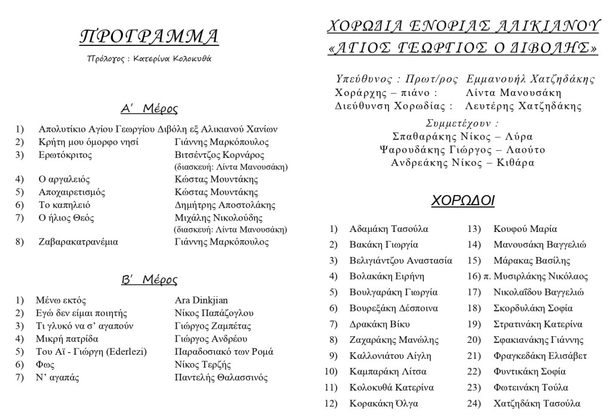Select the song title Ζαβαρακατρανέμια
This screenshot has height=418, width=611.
click(78, 242)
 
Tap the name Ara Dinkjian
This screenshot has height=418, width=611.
click(202, 300)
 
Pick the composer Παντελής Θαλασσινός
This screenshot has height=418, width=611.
click(221, 377)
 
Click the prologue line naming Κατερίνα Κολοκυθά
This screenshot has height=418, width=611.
click(149, 58)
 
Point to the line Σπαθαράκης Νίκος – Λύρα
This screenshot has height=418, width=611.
click(462, 136)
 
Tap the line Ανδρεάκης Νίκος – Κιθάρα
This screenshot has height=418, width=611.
click(462, 162)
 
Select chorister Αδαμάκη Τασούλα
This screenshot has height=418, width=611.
click(389, 229)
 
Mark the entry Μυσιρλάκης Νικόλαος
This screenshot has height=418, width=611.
click(541, 277)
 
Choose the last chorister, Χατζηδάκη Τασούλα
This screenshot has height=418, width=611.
click(537, 404)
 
